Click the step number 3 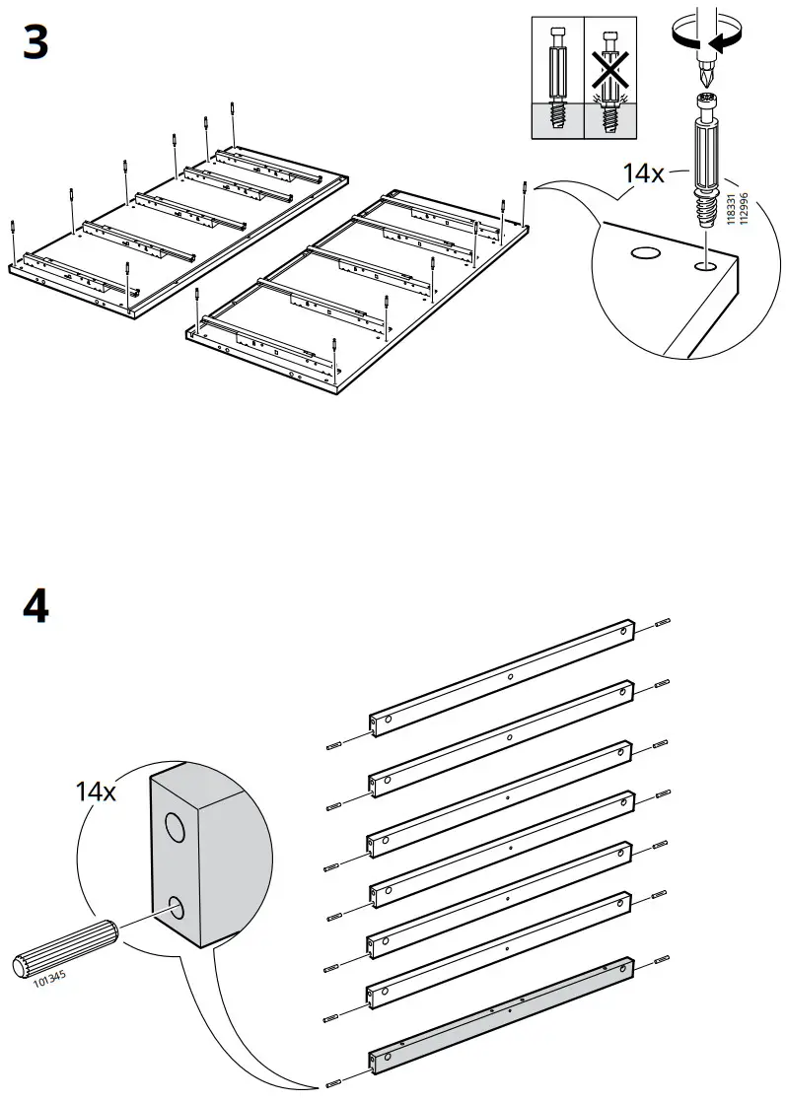click(x=36, y=44)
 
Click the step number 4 click(x=36, y=606)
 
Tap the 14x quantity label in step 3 click(x=643, y=173)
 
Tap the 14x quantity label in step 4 click(x=96, y=790)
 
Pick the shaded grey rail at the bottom click(x=500, y=1016)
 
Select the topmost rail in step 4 click(x=500, y=675)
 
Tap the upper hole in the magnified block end click(x=175, y=828)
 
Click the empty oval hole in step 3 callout click(x=645, y=254)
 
